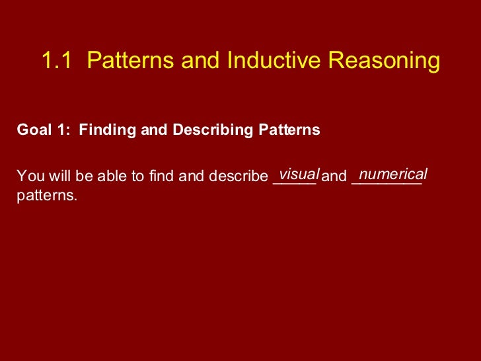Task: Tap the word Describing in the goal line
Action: pyautogui.click(x=209, y=130)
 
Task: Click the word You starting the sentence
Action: pyautogui.click(x=28, y=177)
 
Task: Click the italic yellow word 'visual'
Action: pyautogui.click(x=299, y=174)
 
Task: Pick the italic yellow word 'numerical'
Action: pyautogui.click(x=393, y=174)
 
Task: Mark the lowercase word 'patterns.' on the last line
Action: pyautogui.click(x=47, y=196)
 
